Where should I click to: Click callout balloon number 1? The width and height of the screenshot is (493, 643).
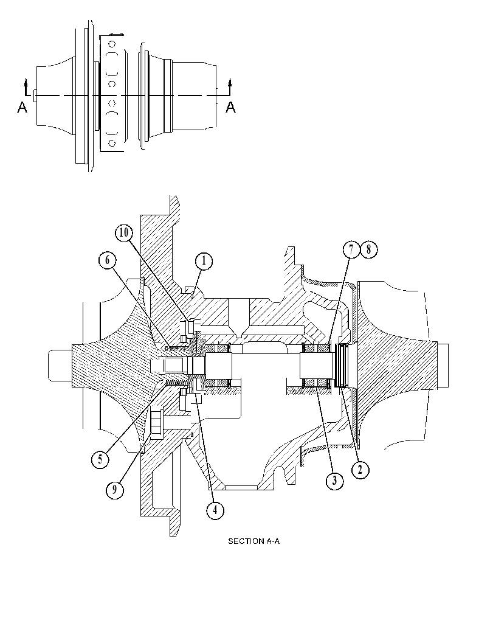204,261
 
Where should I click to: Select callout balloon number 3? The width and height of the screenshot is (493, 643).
334,480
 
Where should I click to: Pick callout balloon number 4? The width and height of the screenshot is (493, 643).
215,510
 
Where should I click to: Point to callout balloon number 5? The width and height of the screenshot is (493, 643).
100,459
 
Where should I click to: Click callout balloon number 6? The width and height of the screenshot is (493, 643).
108,260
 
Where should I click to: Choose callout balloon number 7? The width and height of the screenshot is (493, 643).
351,250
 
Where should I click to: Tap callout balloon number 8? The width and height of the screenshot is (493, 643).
369,250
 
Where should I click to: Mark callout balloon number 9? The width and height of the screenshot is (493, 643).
115,489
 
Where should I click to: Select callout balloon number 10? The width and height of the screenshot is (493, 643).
123,233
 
